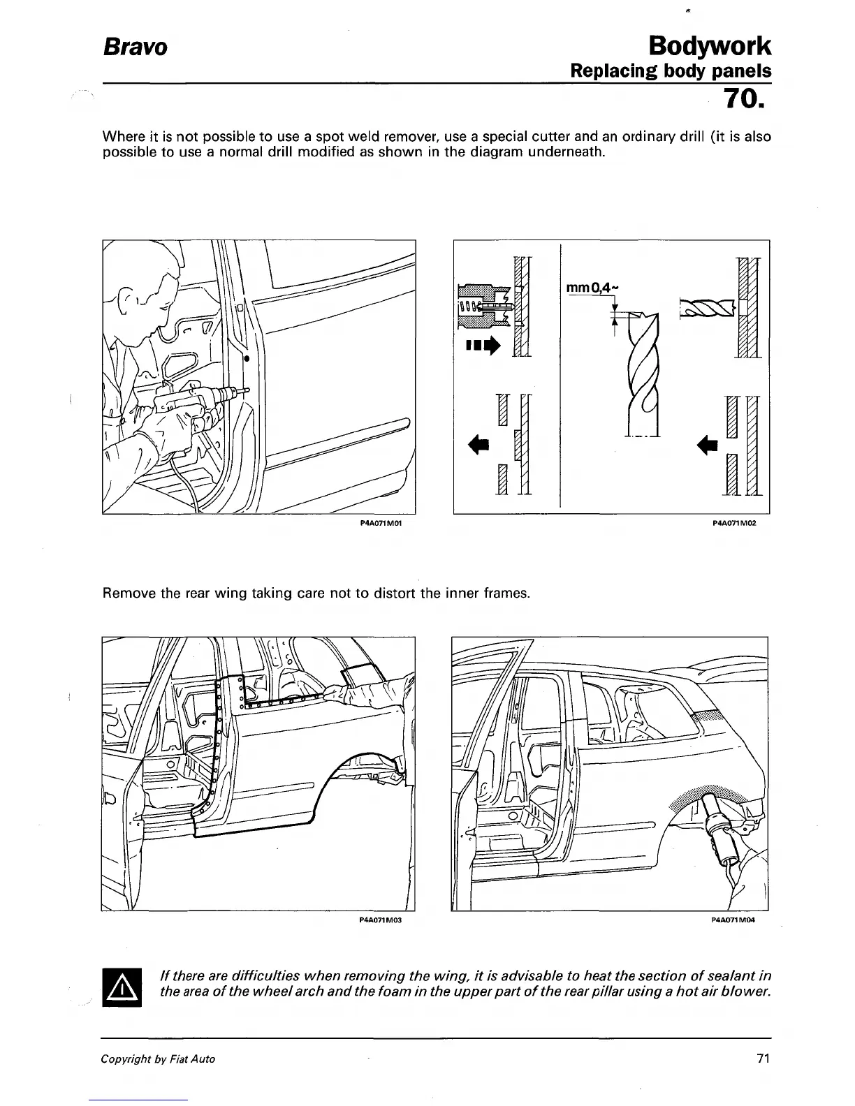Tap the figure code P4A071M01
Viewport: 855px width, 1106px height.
click(x=383, y=522)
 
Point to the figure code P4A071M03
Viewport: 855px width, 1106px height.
click(x=381, y=920)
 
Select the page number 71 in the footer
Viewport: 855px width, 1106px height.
click(x=763, y=1059)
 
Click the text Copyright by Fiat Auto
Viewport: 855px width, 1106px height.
click(x=158, y=1059)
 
